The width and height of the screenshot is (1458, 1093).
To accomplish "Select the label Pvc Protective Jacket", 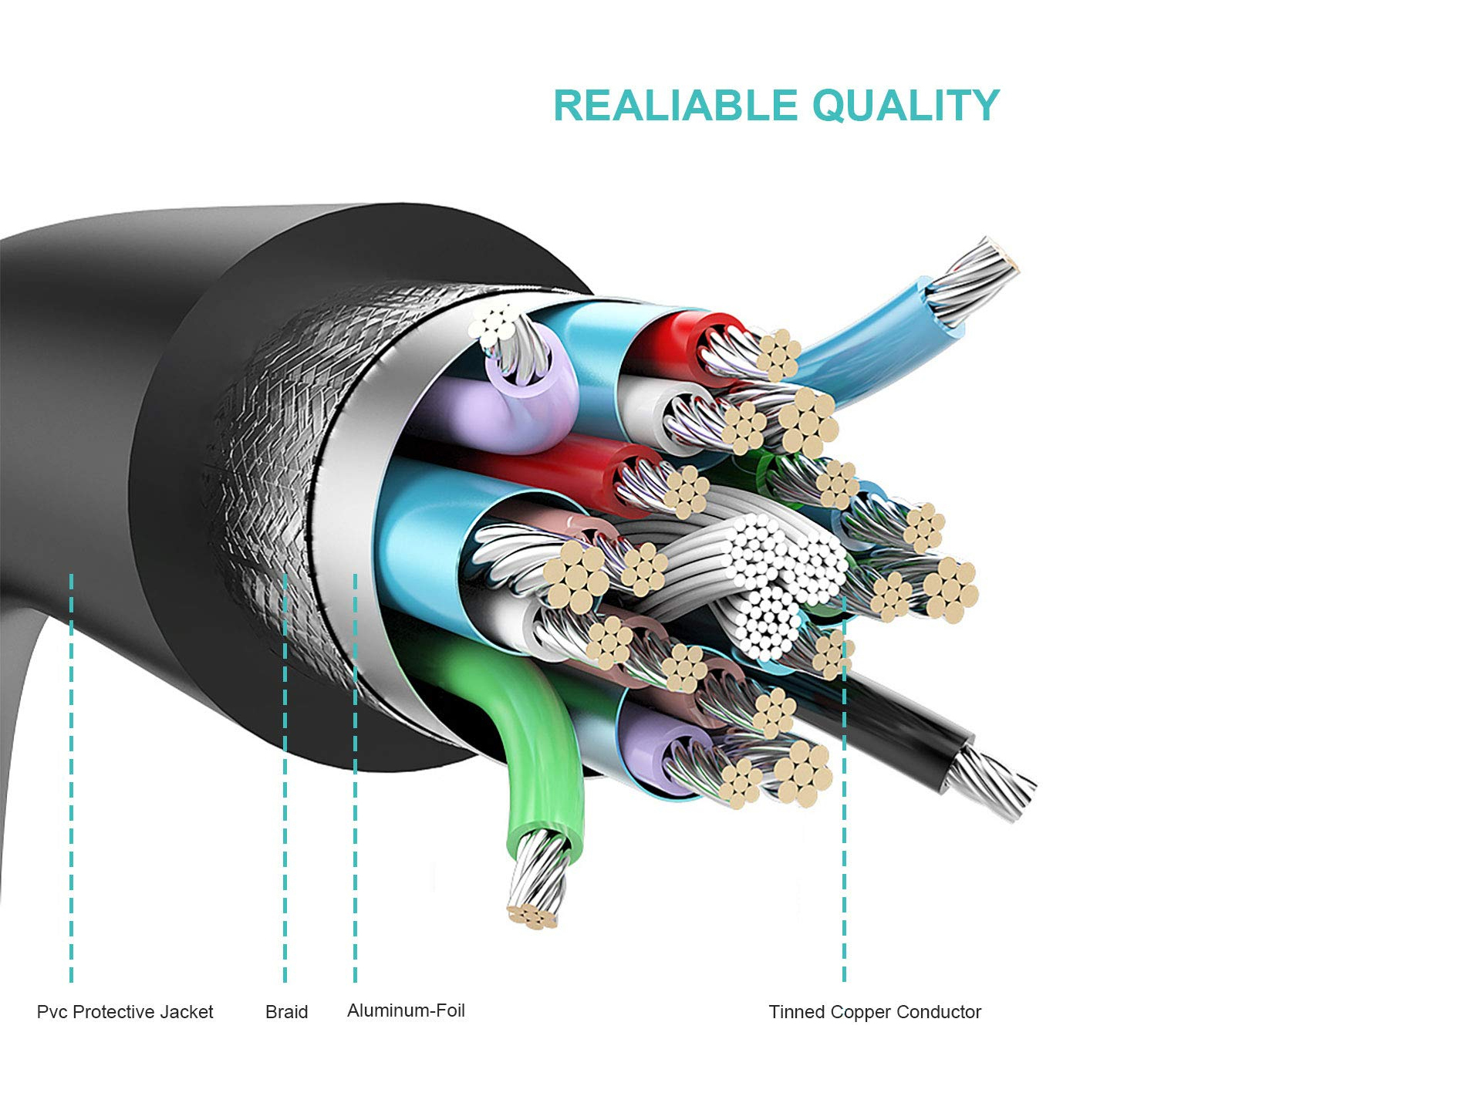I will pyautogui.click(x=125, y=1012).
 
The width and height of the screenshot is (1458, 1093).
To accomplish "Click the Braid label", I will pyautogui.click(x=286, y=1012).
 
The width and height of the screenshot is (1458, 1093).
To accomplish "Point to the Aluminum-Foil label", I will pyautogui.click(x=406, y=1010).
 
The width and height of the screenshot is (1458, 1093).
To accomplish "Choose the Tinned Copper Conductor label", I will pyautogui.click(x=875, y=1012).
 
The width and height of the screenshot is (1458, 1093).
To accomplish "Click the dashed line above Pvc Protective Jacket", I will pyautogui.click(x=71, y=779).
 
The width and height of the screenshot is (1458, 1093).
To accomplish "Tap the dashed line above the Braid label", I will pyautogui.click(x=285, y=779).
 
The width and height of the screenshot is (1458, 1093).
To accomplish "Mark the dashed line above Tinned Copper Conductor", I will pyautogui.click(x=844, y=794).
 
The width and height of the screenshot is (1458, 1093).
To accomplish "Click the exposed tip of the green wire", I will pyautogui.click(x=536, y=887).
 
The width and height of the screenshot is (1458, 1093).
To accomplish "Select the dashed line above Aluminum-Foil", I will pyautogui.click(x=355, y=779).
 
